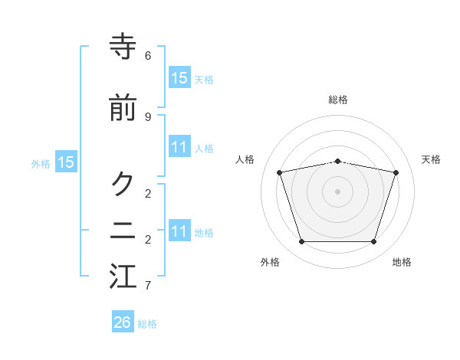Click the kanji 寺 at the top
123,48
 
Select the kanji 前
123,109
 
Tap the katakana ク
123,184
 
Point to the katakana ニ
123,231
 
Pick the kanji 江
123,277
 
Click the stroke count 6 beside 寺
148,56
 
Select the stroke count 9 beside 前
148,116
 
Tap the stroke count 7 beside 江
148,286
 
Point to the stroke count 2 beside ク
148,192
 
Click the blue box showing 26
123,322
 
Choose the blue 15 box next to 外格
66,162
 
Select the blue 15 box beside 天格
179,78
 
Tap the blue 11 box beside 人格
179,147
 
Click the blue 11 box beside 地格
179,231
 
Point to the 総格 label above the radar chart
338,100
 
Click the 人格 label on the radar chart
245,159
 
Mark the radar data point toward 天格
396,172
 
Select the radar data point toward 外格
301,242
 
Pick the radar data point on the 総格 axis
338,161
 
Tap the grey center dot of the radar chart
338,191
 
